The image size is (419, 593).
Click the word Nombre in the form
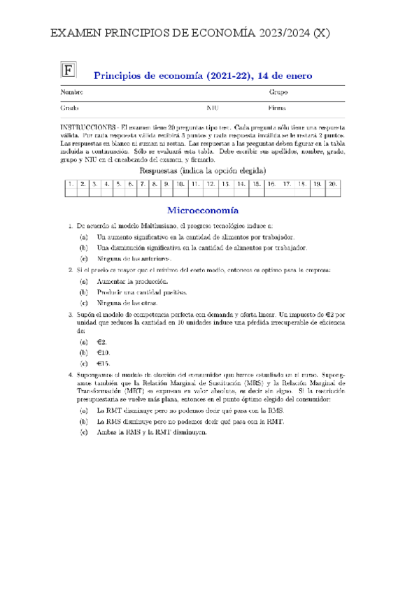[x=72, y=92]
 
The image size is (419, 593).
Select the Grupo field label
[x=278, y=92]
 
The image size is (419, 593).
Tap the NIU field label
[x=213, y=108]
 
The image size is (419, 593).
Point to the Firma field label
[x=278, y=108]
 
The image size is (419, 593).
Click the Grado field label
[x=70, y=108]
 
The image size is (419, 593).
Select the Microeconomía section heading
[x=204, y=210]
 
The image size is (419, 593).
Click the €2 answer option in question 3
[x=101, y=342]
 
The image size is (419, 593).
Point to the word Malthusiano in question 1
[x=150, y=227]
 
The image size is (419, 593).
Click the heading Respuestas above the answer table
[x=163, y=171]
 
